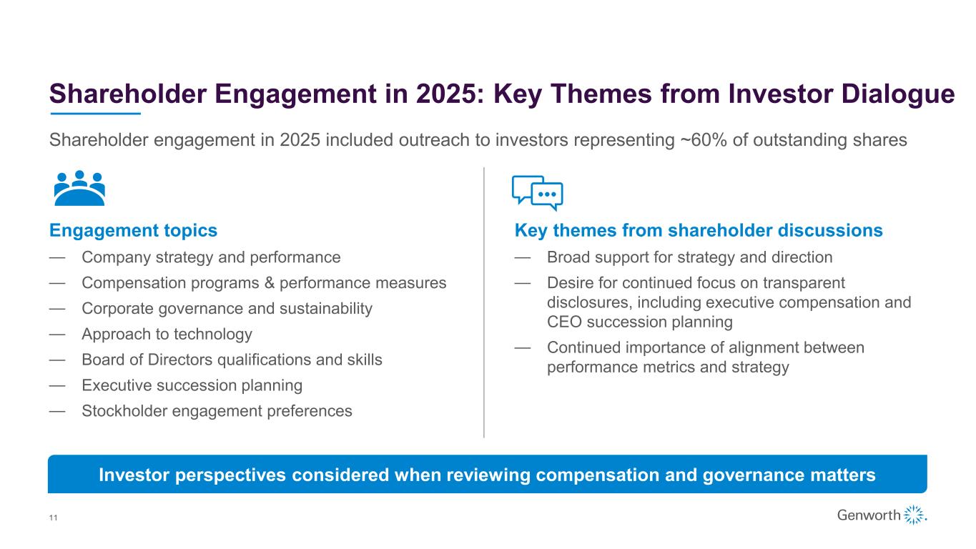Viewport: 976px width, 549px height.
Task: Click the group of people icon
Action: [x=79, y=188]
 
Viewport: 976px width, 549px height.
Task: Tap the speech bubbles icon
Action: [x=537, y=193]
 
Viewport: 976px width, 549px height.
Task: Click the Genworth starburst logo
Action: [x=915, y=515]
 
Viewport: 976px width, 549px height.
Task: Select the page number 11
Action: [x=53, y=518]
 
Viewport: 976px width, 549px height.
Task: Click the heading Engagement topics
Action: [x=133, y=230]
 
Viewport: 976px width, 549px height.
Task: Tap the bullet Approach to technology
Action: [x=167, y=335]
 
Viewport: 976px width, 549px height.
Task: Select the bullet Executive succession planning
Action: [x=192, y=385]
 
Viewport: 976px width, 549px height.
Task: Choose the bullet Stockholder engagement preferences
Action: [x=217, y=411]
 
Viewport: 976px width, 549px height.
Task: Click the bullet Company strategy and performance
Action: [x=211, y=257]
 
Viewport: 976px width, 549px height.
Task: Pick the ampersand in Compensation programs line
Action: [x=270, y=283]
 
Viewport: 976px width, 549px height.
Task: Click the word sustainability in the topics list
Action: [x=326, y=309]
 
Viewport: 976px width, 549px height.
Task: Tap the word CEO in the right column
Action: [x=564, y=322]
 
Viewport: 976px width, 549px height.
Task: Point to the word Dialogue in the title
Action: [x=898, y=94]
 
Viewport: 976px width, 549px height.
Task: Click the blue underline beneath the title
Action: [x=95, y=114]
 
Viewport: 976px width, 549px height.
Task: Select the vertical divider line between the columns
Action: [x=483, y=302]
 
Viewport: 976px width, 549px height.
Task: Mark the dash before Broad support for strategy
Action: [x=523, y=258]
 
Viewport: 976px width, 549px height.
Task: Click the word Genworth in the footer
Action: [x=868, y=515]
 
